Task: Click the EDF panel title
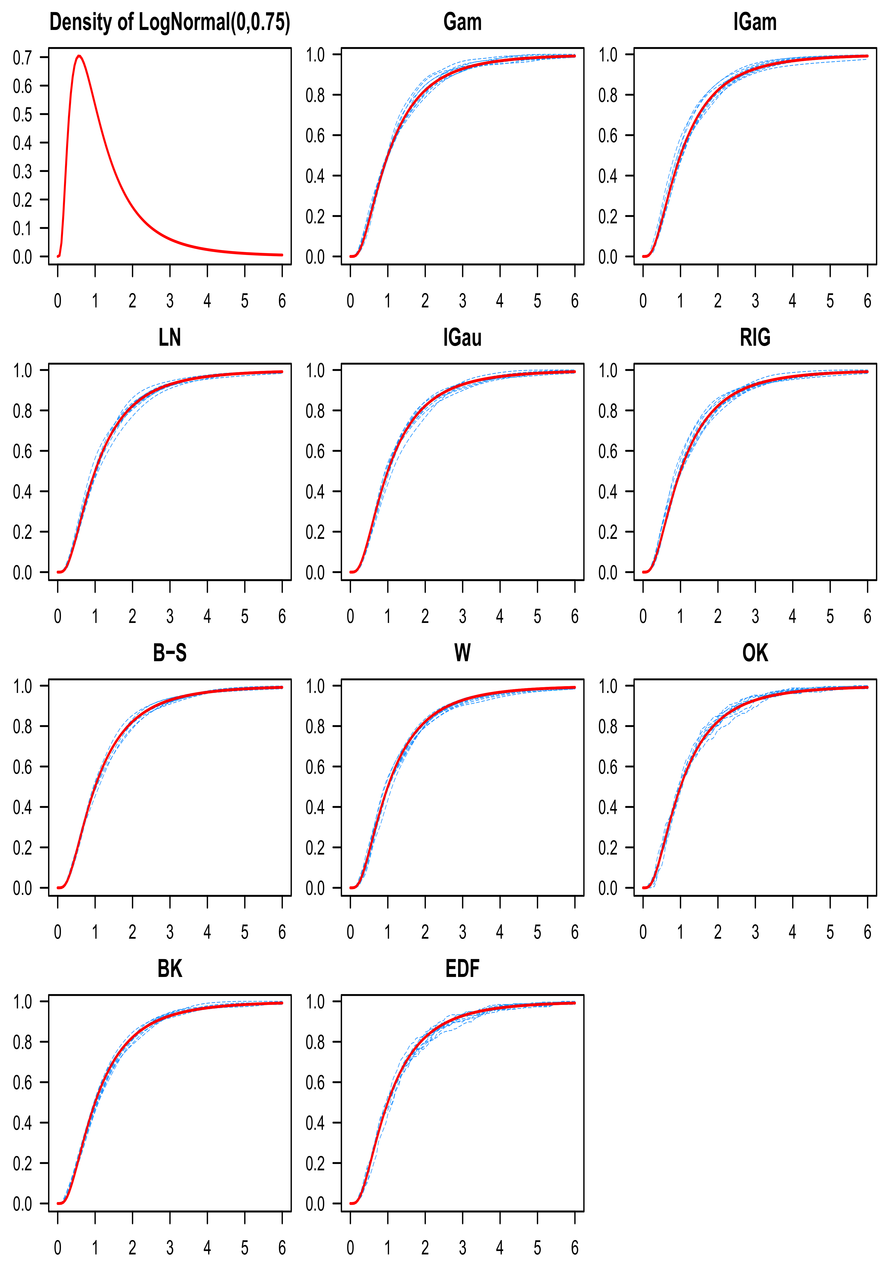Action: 462,969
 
